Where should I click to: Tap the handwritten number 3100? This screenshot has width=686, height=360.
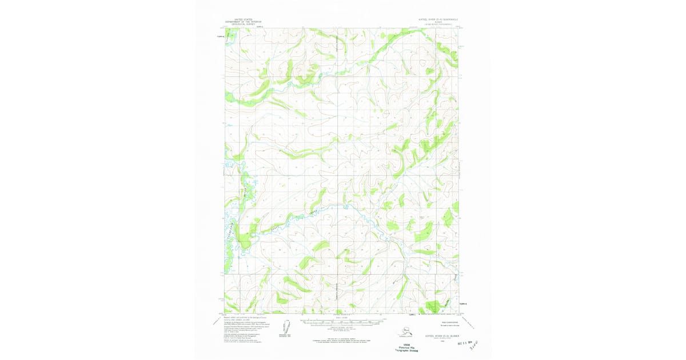(477, 345)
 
